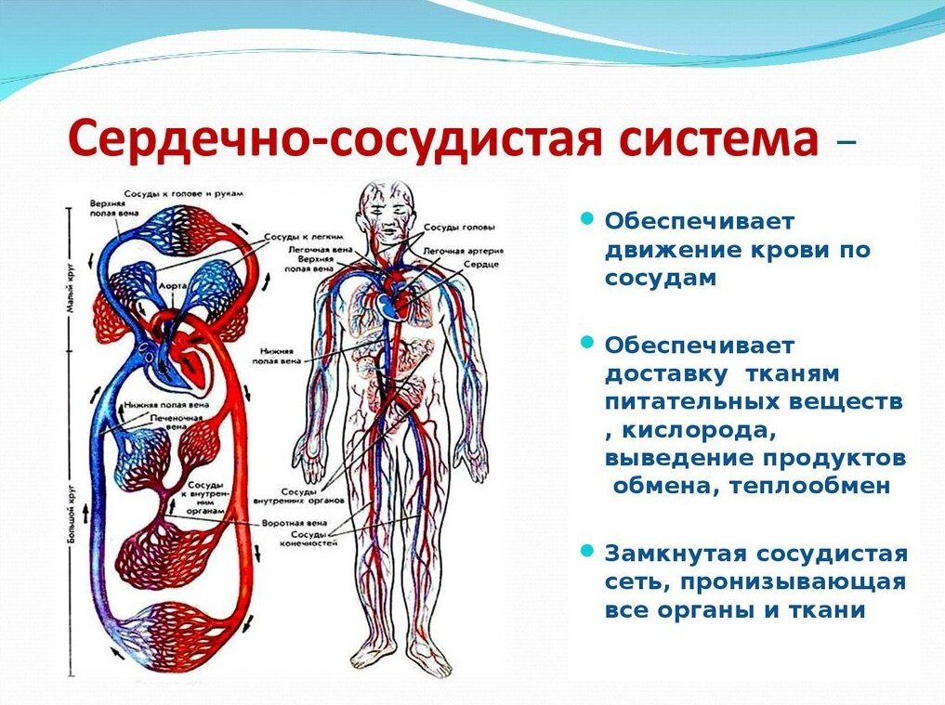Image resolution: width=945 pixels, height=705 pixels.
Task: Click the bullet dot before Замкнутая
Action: (586, 552)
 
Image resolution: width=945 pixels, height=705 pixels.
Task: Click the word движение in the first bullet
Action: (663, 250)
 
